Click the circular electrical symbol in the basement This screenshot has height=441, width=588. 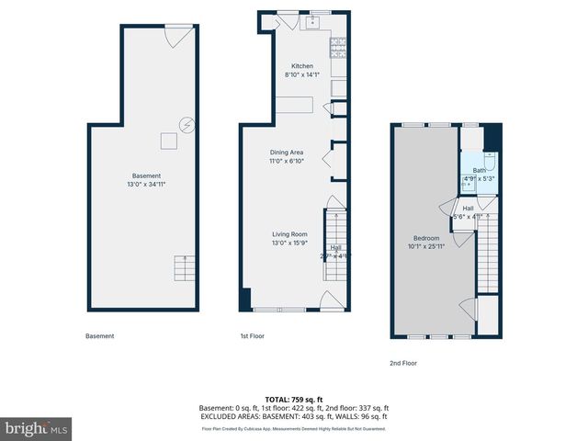pos(187,122)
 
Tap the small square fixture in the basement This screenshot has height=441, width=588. pos(168,141)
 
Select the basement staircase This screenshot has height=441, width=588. pos(185,269)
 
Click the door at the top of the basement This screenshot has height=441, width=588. pos(176,35)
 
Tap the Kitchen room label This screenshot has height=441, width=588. pos(302,66)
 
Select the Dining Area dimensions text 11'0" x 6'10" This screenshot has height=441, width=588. pos(287,162)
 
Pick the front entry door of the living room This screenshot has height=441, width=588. pos(328,300)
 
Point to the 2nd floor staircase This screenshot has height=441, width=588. pos(486,253)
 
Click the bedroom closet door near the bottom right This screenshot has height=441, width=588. pos(471,308)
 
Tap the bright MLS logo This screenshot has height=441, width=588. pos(37,428)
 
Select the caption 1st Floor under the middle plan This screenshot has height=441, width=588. pos(251,336)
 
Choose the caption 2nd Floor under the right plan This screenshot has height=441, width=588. pos(402,363)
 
